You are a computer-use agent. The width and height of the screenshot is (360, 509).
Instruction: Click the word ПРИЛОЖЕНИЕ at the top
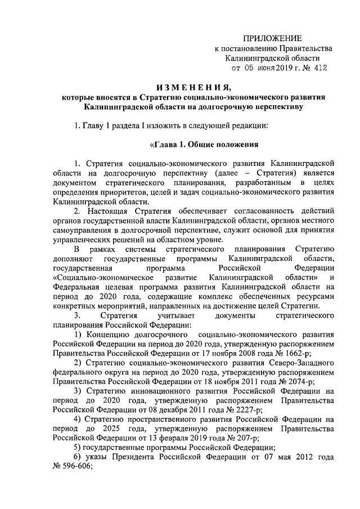tap(272, 38)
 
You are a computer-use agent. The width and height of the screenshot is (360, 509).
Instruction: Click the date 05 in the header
tap(250, 67)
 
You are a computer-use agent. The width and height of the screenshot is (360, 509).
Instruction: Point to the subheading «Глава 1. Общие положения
tap(202, 143)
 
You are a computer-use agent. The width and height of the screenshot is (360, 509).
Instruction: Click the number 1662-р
tap(295, 353)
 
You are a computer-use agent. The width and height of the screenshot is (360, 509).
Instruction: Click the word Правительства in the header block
tap(304, 48)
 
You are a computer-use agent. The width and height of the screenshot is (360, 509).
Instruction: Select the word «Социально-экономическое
tap(98, 277)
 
